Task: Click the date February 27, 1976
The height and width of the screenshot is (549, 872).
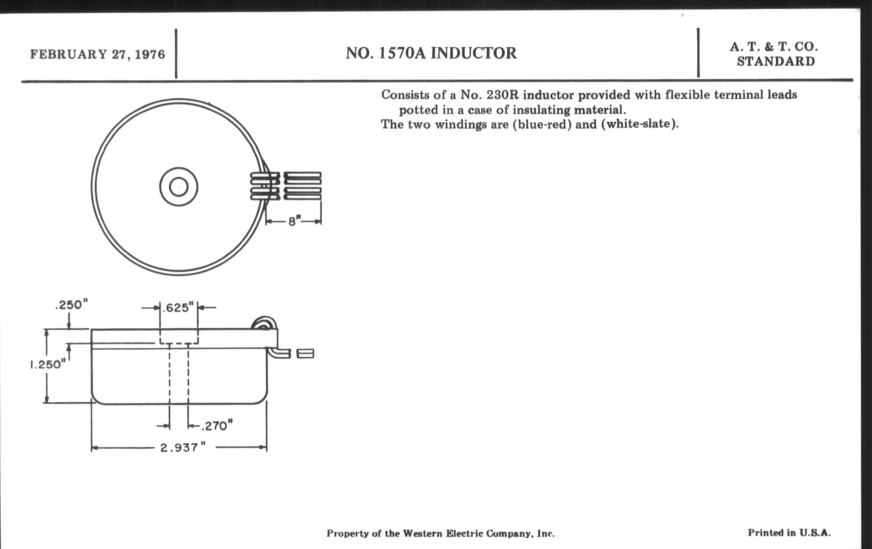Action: coord(98,54)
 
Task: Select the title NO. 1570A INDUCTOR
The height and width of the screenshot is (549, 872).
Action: coord(431,53)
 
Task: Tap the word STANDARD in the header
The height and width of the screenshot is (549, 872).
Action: coord(776,62)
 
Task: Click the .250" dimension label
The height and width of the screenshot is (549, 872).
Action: coord(72,305)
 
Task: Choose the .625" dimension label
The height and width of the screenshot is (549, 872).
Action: coord(178,308)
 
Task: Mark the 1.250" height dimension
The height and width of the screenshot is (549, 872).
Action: coord(46,364)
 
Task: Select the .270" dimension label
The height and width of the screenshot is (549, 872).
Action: coord(217,426)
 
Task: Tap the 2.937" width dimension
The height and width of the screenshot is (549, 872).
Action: coord(183,448)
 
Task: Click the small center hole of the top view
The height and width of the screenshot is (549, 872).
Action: coord(179,187)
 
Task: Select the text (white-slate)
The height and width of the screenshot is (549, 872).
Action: coord(640,124)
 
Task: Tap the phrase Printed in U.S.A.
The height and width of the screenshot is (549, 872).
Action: coord(789,533)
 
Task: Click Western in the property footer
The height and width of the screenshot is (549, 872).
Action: coord(423,534)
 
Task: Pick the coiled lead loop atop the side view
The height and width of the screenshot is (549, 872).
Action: coord(264,323)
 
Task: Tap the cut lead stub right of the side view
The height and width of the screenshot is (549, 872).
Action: coord(305,353)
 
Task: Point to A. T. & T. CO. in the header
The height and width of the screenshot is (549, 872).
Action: coord(773,47)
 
